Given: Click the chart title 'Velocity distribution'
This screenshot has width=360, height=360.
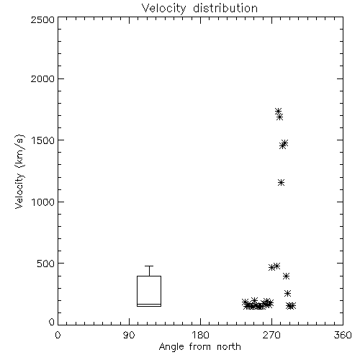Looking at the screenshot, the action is [199, 8].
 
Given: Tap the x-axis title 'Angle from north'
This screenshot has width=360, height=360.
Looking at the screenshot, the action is [199, 347].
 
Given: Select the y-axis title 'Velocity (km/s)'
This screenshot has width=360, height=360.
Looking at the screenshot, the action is [19, 171].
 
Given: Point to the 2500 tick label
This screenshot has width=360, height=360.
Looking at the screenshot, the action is [42, 19].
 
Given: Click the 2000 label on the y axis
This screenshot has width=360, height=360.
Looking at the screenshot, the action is [42, 78].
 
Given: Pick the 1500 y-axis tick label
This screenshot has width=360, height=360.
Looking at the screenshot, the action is [43, 140].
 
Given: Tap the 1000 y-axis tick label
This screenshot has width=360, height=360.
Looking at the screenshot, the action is [43, 202].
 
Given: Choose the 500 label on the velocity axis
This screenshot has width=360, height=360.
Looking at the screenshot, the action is [46, 264].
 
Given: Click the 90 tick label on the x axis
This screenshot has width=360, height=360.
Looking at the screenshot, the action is [129, 335].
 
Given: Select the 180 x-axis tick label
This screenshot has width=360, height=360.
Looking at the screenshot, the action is [200, 335].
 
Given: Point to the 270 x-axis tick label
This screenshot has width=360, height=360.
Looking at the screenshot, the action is [271, 335].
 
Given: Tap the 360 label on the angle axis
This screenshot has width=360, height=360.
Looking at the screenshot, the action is [343, 335].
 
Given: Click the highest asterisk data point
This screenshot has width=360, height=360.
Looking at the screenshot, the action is [278, 112].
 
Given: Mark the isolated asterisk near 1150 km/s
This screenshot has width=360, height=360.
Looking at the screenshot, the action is [282, 183].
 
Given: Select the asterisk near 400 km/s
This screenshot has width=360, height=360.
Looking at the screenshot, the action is [286, 276].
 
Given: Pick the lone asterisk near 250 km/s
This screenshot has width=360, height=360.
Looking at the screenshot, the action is [287, 293].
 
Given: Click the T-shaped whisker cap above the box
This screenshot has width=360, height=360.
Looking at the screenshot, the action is [149, 266].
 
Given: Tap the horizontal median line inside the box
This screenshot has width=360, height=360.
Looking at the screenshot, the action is [149, 305].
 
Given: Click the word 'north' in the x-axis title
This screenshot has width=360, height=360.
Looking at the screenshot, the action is [229, 347].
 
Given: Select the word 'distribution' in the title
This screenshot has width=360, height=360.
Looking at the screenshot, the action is [225, 8].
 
